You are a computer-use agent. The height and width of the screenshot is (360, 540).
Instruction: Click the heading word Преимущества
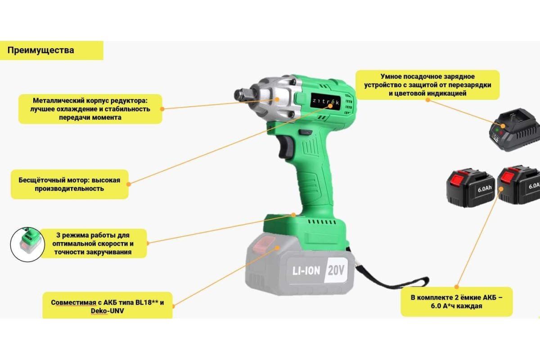[x=41, y=50]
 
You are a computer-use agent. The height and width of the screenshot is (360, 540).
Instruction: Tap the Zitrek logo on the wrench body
[x=326, y=102]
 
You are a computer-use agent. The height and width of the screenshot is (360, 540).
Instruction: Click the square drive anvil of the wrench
[x=244, y=95]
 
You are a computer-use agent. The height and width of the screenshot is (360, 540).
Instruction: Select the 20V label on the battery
[x=336, y=270]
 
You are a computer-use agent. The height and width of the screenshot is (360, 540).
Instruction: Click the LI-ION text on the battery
[x=306, y=271]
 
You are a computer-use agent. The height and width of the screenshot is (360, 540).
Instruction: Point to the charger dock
[x=515, y=130]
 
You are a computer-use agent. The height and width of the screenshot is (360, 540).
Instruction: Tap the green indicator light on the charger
[x=497, y=130]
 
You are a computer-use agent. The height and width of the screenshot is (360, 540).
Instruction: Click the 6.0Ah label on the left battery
[x=485, y=189]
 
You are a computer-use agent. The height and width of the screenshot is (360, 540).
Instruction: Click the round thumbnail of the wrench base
[x=27, y=244]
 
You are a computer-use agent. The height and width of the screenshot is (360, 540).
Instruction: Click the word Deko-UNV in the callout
[x=107, y=311]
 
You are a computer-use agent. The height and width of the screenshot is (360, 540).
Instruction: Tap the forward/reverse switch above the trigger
[x=306, y=132]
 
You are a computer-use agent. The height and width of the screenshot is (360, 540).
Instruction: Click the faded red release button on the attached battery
[x=264, y=243]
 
